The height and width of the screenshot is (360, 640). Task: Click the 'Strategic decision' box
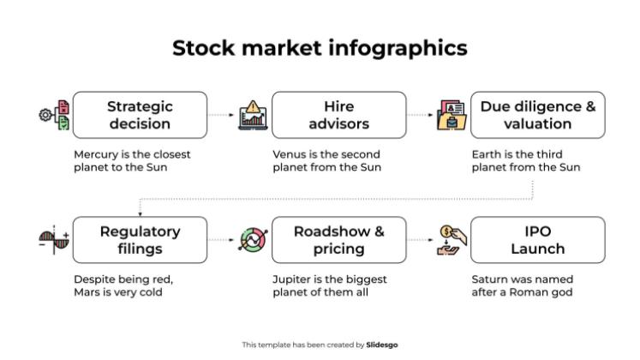pos(140,115)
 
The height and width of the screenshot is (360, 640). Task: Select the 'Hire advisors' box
pos(338,115)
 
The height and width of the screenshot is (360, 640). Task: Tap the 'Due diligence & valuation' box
pos(537,115)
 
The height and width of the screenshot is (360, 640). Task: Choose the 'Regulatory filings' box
pos(140,240)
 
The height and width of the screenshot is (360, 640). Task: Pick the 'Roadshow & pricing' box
pos(338,240)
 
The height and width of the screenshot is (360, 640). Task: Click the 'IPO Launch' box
pos(537,240)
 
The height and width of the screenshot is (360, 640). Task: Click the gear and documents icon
pos(54,115)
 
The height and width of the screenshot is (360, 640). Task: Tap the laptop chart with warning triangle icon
pos(253,115)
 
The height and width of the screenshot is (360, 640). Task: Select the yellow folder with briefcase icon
pos(452,116)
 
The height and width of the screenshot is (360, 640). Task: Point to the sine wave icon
pos(54,240)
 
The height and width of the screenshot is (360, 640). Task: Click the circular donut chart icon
pos(253,240)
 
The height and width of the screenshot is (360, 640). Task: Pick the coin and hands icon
pos(452,240)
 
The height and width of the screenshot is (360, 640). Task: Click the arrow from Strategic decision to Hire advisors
pos(221,115)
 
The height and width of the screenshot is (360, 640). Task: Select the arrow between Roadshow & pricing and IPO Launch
pos(420,240)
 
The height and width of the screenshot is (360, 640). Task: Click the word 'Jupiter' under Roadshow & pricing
pos(291,280)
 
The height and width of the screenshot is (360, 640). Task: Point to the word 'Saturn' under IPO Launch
pos(487,279)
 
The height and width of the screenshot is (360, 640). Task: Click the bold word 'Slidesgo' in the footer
pos(381,345)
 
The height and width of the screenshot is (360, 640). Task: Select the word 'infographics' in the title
pos(398,49)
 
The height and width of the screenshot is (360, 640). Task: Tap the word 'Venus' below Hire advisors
pos(288,154)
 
